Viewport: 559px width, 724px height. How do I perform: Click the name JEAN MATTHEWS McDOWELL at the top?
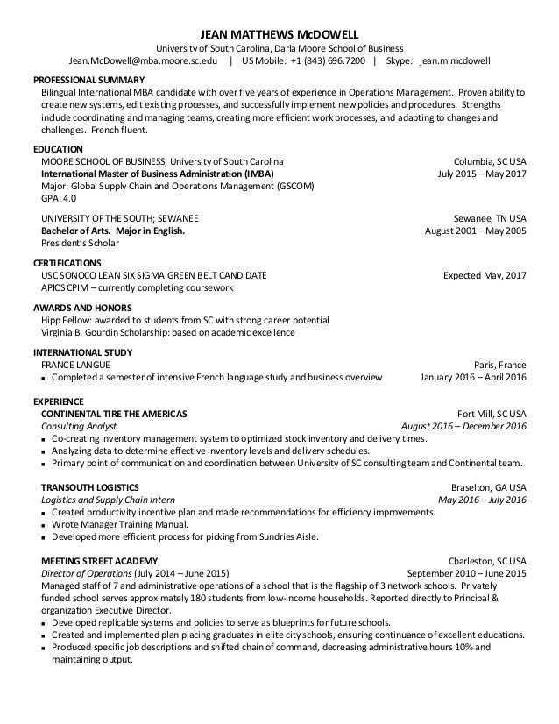click(279, 29)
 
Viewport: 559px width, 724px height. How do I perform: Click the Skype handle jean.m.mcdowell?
click(455, 61)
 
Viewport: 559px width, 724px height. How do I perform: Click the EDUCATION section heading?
click(58, 149)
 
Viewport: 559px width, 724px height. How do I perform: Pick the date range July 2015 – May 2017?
click(481, 174)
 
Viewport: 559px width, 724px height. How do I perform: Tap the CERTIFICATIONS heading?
click(67, 263)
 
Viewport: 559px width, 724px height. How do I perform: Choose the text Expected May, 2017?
click(485, 275)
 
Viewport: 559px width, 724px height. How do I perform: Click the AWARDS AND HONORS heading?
click(82, 308)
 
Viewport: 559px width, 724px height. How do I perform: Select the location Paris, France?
click(499, 365)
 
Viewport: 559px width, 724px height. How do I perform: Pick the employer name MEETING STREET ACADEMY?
click(100, 560)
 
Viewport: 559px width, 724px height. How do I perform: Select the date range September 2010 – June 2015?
click(455, 573)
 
